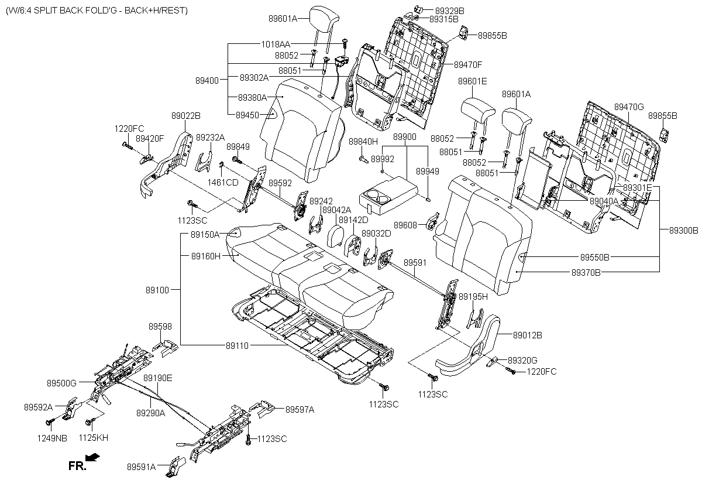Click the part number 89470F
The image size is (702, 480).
(x=468, y=64)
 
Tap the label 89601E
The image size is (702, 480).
(x=472, y=81)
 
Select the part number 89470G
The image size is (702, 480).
(x=629, y=107)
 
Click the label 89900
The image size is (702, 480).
(x=405, y=136)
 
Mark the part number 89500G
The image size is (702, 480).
(x=61, y=383)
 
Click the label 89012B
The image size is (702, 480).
(x=527, y=335)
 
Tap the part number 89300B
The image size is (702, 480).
(x=684, y=231)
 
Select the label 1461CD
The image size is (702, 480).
(x=223, y=182)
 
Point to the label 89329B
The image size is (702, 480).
(x=450, y=11)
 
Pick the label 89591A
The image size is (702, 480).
(x=141, y=467)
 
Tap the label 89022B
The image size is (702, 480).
(x=186, y=115)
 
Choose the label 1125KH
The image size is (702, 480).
(x=93, y=437)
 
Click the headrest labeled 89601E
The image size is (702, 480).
(x=478, y=109)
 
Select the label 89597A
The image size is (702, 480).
(x=300, y=409)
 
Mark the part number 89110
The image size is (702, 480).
(x=237, y=346)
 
